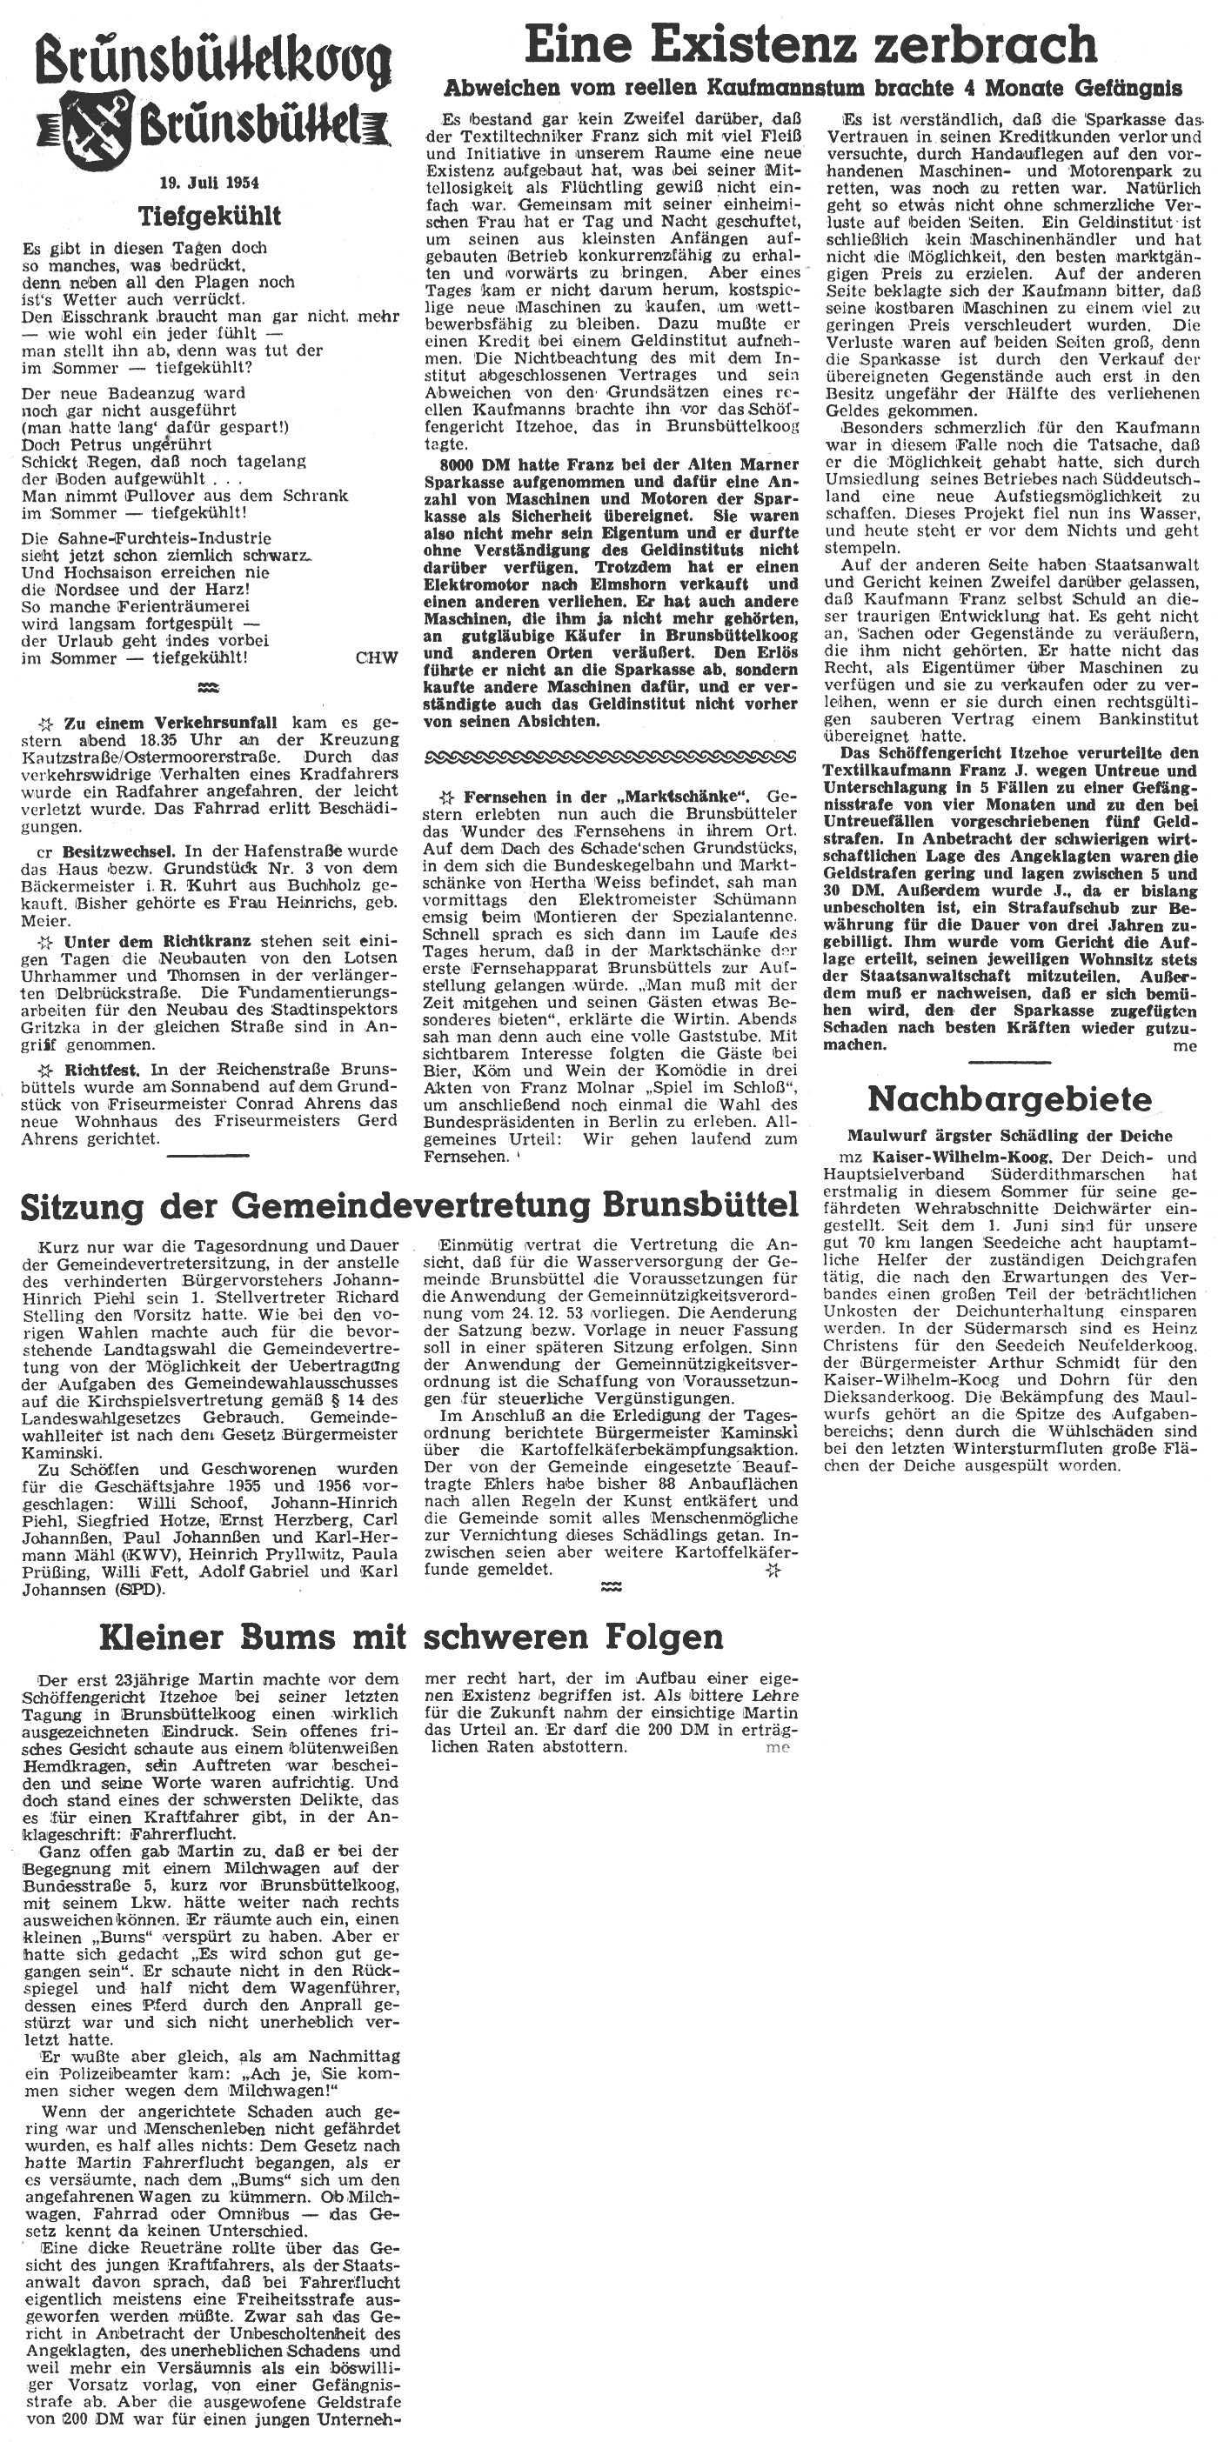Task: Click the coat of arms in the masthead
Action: [97, 123]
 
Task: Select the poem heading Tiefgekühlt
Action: [210, 216]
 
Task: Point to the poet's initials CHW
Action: [376, 657]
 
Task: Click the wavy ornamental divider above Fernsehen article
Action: [610, 757]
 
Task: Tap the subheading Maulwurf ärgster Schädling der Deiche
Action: [1009, 1136]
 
